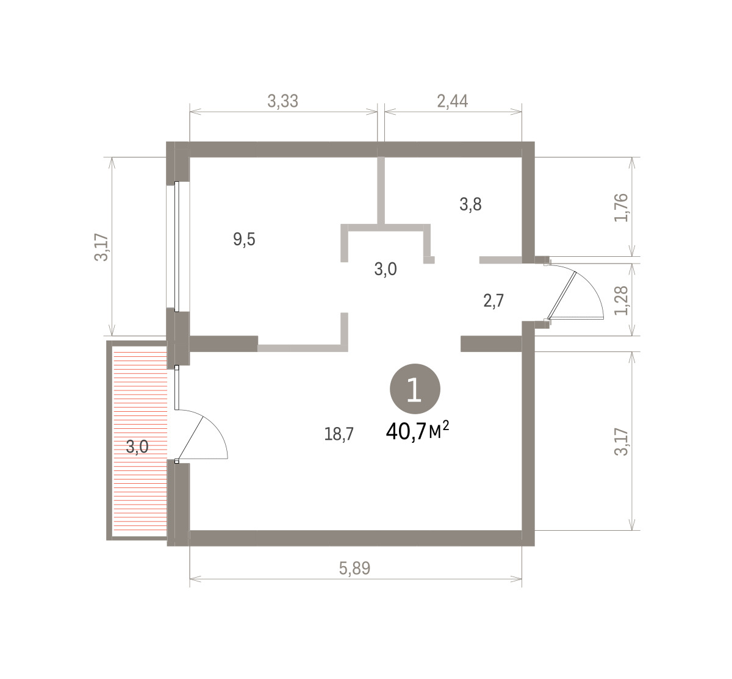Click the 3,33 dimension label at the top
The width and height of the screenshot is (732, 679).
point(282,101)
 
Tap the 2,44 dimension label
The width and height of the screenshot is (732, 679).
point(453,101)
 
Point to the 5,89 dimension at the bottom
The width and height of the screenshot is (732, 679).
point(354,568)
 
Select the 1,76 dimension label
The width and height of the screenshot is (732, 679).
point(621,207)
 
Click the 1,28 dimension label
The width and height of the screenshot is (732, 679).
point(621,300)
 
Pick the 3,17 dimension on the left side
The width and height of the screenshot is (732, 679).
point(101,247)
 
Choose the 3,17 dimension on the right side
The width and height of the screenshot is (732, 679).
point(621,442)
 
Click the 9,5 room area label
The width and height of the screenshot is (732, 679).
point(244,239)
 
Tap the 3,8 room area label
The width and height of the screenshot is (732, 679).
point(470,204)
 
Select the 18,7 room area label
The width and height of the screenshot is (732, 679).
point(339,434)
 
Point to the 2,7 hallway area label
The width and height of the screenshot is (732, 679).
point(493,301)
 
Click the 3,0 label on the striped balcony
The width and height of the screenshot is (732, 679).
point(137,447)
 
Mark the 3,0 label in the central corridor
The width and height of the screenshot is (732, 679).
point(386,269)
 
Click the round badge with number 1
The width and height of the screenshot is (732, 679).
point(415,389)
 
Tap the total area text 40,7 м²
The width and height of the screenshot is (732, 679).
point(417,431)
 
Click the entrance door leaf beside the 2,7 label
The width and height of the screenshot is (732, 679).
point(561,295)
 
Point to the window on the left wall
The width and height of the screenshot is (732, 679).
point(176,246)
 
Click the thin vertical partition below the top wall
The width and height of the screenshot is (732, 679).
point(381,190)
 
